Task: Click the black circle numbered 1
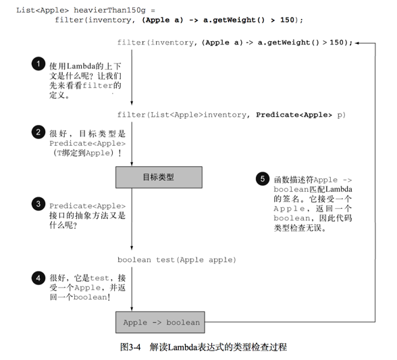pos(38,63)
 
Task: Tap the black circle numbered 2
pos(38,132)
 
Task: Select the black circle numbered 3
pos(38,204)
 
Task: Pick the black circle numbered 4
pos(38,278)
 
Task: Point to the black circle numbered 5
pos(263,178)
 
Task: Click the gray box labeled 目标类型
pos(159,177)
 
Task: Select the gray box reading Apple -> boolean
pos(160,322)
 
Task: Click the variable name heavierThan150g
pos(109,10)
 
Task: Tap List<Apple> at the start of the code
pos(43,10)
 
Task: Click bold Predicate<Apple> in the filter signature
pos(294,115)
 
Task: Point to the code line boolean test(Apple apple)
pos(177,259)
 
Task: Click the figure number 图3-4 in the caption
pos(130,346)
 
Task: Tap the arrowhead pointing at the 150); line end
pos(356,43)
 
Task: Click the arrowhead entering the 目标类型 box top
pos(132,164)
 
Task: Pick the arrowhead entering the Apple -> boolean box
pos(132,309)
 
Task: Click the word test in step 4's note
pos(99,278)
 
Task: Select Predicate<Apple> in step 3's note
pos(87,206)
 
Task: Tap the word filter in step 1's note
pos(97,85)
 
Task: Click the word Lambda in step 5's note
pos(339,189)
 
